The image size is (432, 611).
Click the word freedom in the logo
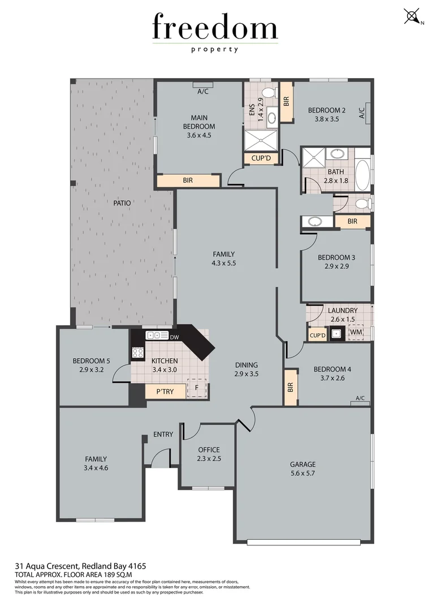point(215,28)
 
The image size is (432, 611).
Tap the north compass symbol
point(412,16)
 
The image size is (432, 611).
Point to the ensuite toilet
point(269,92)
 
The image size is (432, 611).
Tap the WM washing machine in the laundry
point(355,333)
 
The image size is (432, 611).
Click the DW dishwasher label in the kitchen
point(174,337)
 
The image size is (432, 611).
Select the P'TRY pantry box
point(165,391)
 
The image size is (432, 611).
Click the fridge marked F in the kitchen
point(197,388)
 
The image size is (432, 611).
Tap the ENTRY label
point(163,434)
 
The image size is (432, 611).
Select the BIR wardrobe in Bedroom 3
point(352,221)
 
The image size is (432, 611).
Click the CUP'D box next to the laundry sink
point(318,335)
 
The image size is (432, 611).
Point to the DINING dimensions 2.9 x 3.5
point(247,374)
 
